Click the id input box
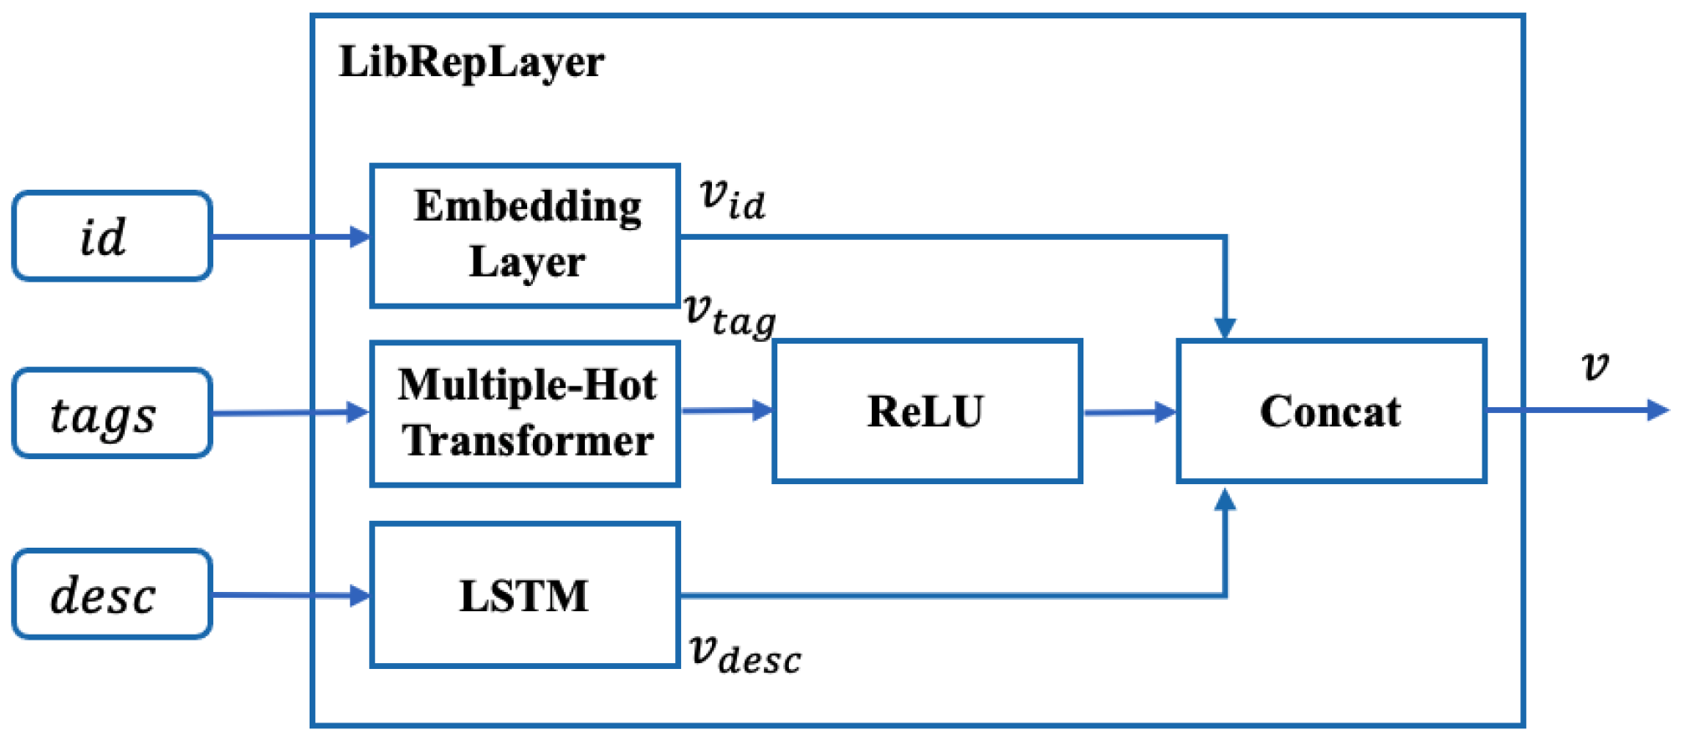[x=112, y=237]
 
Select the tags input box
[x=112, y=413]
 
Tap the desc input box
[x=112, y=595]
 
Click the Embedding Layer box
[x=525, y=236]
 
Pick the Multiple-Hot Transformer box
[x=525, y=413]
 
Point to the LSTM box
[x=525, y=595]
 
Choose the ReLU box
[x=927, y=411]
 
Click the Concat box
[x=1331, y=411]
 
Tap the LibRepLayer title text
[x=471, y=62]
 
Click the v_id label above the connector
[x=732, y=198]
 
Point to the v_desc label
[x=744, y=654]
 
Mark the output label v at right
[x=1595, y=365]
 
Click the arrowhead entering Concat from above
[x=1225, y=328]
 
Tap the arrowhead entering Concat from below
[x=1225, y=500]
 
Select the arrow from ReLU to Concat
[x=1129, y=411]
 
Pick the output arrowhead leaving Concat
[x=1657, y=410]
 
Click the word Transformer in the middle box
[x=528, y=441]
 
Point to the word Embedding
[x=528, y=206]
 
